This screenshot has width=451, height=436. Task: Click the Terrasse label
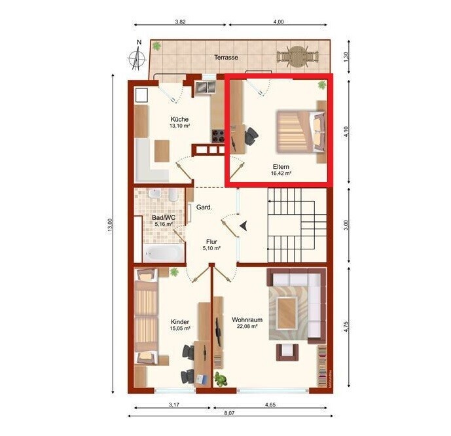(x=226, y=57)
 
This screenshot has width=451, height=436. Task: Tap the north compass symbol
(x=137, y=57)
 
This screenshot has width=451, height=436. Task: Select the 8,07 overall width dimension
(x=229, y=413)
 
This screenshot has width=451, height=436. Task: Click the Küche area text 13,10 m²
(x=180, y=126)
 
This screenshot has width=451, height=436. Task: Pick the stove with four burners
(x=218, y=136)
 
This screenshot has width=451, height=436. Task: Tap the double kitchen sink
(x=205, y=87)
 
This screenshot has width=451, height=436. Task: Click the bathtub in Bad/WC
(x=164, y=253)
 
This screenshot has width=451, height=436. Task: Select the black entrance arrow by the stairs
(x=244, y=225)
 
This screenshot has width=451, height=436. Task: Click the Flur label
(x=211, y=242)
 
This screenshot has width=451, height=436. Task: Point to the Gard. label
(x=204, y=207)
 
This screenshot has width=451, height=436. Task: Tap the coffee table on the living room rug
(x=287, y=313)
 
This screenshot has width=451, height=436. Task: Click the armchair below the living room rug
(x=287, y=352)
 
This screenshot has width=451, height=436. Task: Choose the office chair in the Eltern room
(x=251, y=136)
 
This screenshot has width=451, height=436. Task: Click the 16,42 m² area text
(x=281, y=173)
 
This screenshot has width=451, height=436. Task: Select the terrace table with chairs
(x=298, y=57)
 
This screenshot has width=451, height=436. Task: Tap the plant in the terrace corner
(x=156, y=46)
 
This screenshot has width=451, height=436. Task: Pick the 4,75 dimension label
(x=346, y=327)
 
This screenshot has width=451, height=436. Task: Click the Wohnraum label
(x=247, y=320)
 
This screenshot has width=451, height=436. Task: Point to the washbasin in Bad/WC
(x=154, y=194)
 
